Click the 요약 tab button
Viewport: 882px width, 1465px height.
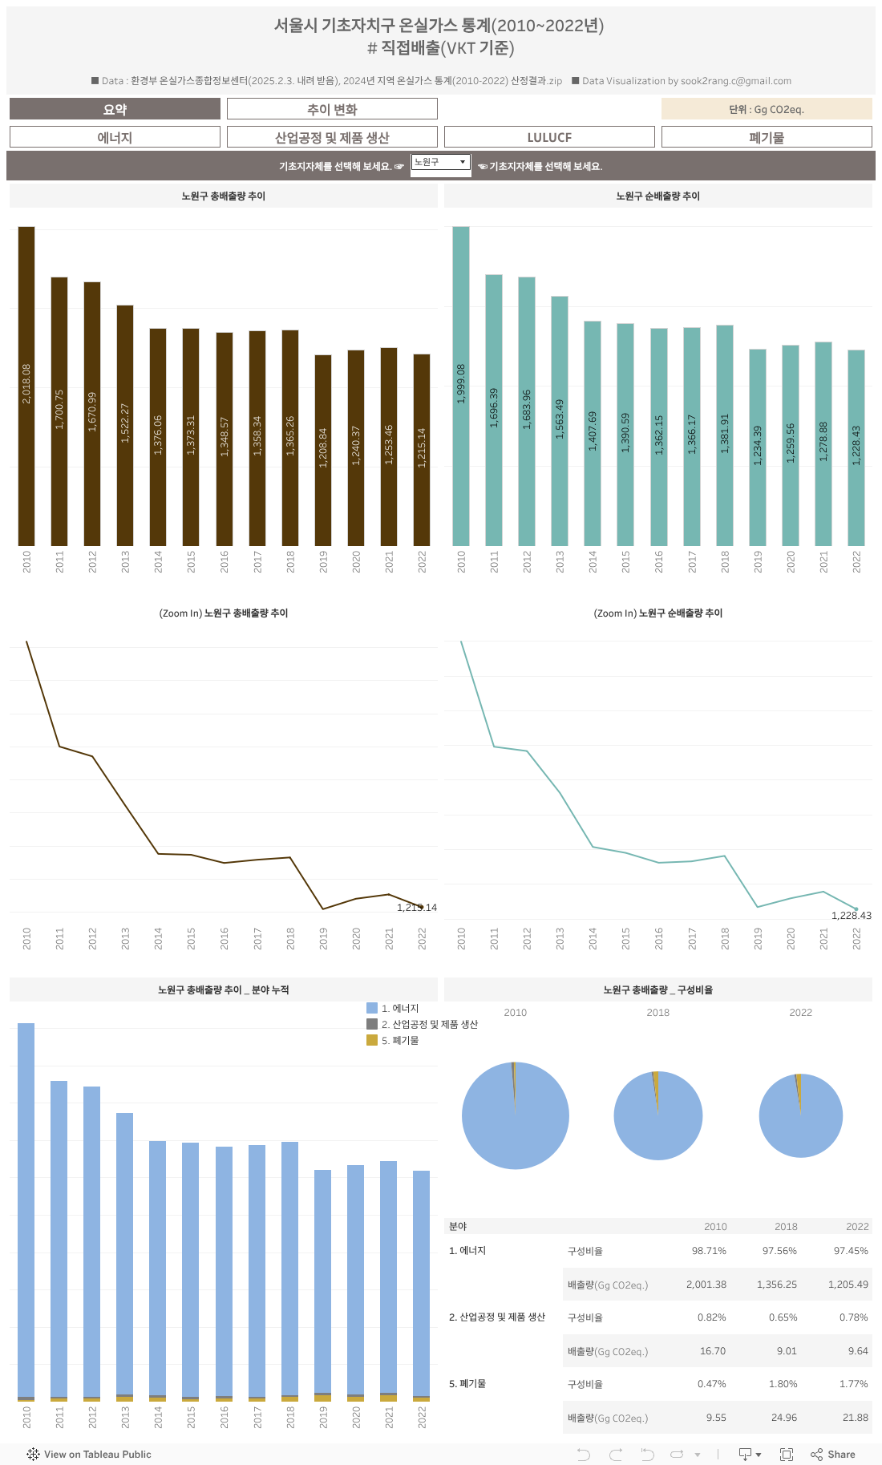(115, 109)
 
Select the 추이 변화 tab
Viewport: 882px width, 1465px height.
(332, 109)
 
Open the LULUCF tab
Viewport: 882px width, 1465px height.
(549, 137)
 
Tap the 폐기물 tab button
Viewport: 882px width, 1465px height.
(767, 137)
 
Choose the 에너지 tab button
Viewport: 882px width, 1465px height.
(115, 137)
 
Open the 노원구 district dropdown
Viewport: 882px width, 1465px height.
(440, 162)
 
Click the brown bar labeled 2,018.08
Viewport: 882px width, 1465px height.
(26, 385)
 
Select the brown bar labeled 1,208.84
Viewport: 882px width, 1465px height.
(323, 449)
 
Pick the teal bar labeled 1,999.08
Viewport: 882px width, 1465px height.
(461, 385)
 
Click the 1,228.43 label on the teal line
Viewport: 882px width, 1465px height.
(851, 916)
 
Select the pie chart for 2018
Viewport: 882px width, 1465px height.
(658, 1115)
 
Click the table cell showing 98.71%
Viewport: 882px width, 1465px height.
(709, 1251)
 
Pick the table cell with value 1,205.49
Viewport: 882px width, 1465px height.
(848, 1285)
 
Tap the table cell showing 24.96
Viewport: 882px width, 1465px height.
(783, 1418)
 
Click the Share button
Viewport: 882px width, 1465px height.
(833, 1455)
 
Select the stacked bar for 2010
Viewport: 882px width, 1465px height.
(26, 1211)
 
